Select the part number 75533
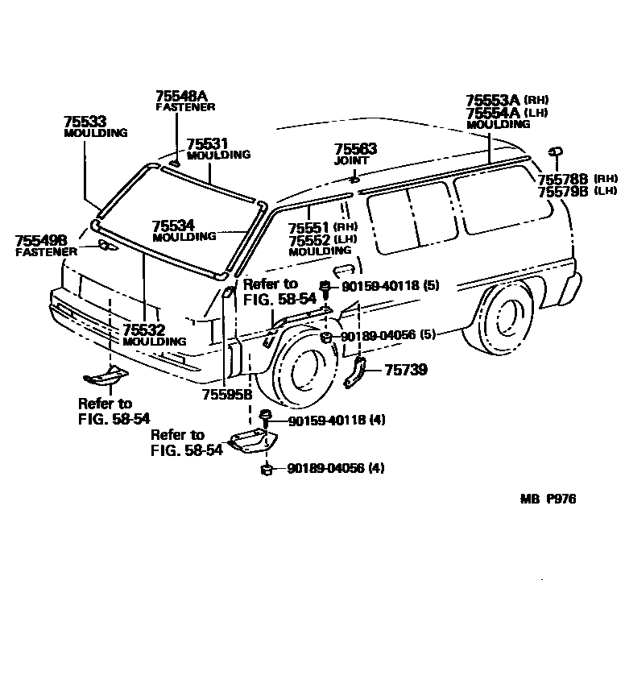pyautogui.click(x=85, y=122)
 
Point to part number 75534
pyautogui.click(x=173, y=226)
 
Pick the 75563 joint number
pyautogui.click(x=355, y=150)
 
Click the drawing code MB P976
pyautogui.click(x=548, y=499)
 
